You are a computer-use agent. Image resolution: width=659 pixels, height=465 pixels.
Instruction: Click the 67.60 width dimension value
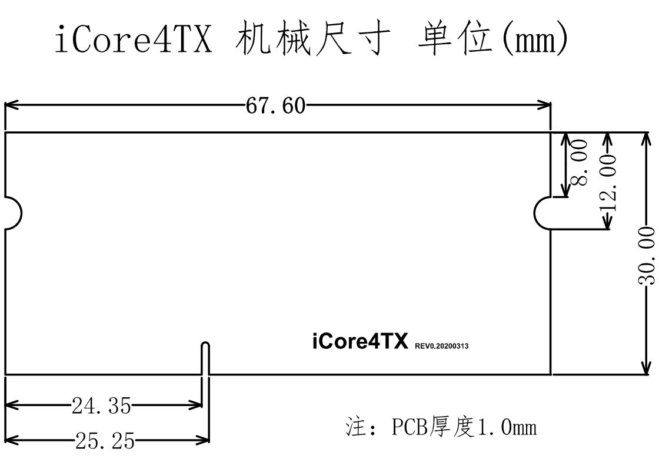tap(275, 106)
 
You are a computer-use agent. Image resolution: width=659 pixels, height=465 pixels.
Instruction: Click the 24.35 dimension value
tap(102, 405)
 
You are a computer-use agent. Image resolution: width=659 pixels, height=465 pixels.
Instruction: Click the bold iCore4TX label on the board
tap(360, 342)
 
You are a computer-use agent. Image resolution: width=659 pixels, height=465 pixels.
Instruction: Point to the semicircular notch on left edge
tap(13, 212)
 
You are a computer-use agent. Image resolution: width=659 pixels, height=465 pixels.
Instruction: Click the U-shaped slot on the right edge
tap(544, 213)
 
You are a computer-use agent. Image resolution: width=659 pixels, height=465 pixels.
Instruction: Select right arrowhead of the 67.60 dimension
tap(545, 105)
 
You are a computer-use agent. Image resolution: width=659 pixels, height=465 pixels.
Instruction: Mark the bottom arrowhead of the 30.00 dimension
tap(646, 368)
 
